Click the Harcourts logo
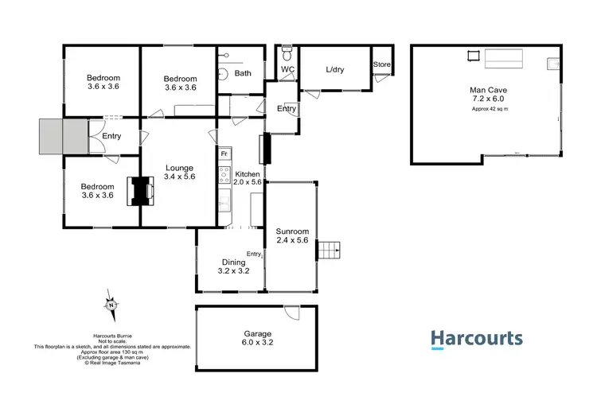tap(477, 340)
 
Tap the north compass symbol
tap(111, 305)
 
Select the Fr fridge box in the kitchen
tap(224, 153)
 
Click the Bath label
tap(243, 73)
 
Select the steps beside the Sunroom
tap(328, 251)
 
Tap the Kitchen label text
tap(247, 173)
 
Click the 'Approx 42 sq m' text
tap(489, 108)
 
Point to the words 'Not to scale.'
tap(112, 340)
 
